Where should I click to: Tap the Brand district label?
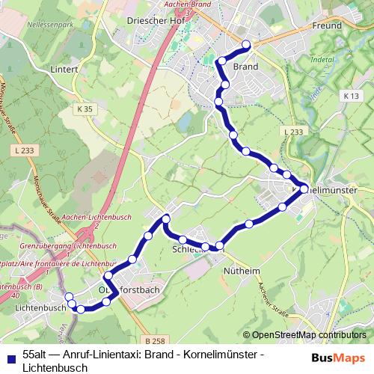[245, 67]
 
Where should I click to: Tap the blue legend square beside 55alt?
[9, 356]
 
